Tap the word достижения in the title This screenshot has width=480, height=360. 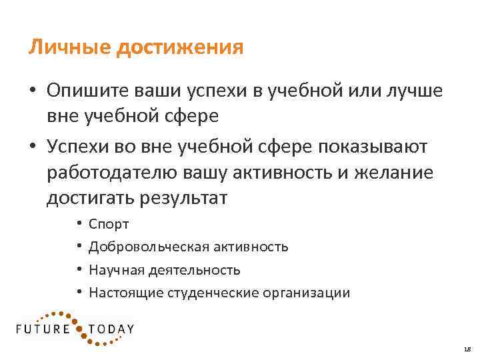click(x=180, y=49)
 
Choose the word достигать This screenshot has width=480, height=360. click(x=91, y=198)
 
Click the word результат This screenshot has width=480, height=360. click(x=184, y=198)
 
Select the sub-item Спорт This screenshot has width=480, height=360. click(x=109, y=225)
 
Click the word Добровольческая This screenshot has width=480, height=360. click(x=149, y=247)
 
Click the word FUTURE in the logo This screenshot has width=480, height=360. click(x=44, y=329)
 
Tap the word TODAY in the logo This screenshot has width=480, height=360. click(x=111, y=329)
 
